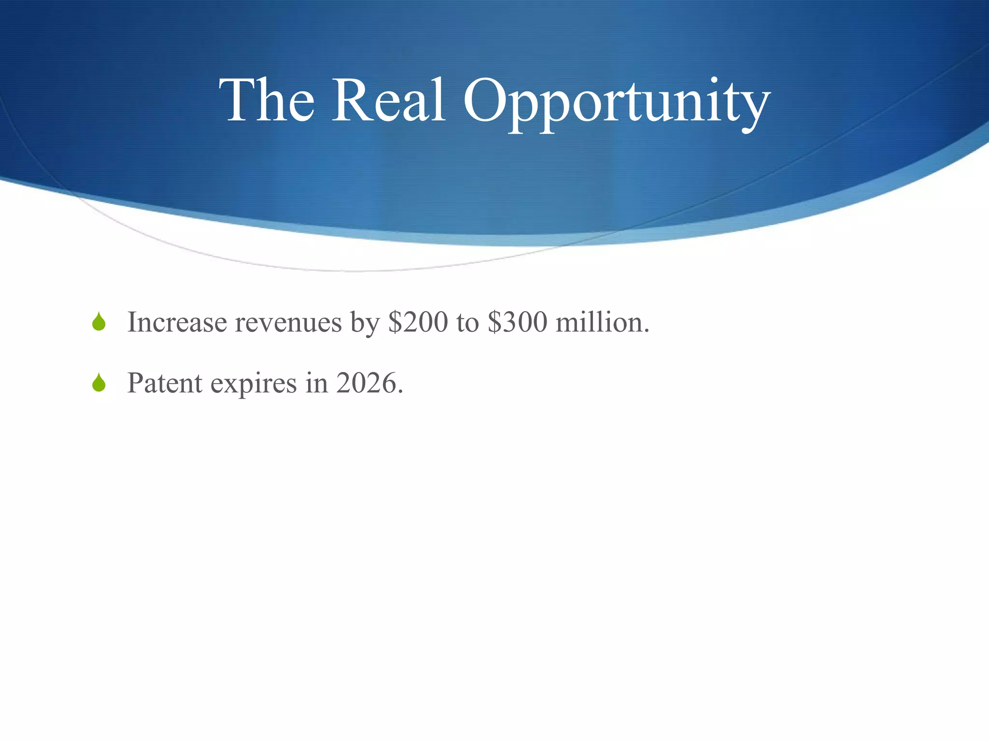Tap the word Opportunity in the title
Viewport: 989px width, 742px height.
(616, 104)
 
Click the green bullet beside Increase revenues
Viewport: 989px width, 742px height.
(99, 322)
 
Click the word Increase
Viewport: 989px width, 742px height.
(177, 322)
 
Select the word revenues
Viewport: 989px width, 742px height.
(288, 323)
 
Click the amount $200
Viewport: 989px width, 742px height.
(418, 322)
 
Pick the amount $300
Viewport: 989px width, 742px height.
(517, 322)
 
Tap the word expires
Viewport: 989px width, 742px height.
(254, 385)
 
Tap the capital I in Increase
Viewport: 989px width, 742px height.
(132, 322)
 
